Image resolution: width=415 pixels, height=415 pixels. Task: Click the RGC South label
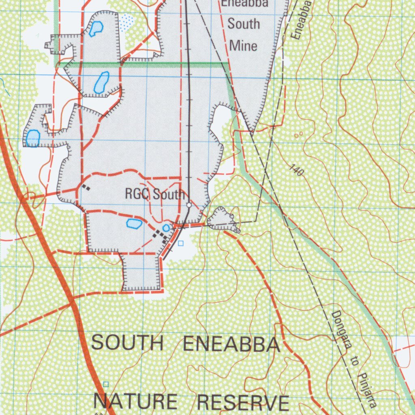point(154,194)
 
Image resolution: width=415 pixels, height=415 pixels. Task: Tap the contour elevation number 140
point(297,170)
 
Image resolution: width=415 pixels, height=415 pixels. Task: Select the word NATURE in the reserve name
point(135,402)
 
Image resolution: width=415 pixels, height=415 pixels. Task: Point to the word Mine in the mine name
point(243,45)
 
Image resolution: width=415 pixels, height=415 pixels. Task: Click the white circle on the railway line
point(189,205)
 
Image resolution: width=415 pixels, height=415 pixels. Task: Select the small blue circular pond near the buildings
point(166,228)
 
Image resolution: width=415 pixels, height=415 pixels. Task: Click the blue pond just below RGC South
point(134,223)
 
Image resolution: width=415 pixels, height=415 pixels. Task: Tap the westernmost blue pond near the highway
point(32,138)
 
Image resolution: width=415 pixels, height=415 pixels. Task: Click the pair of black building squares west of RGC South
point(86,187)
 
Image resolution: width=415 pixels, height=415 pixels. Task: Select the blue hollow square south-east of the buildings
point(181,243)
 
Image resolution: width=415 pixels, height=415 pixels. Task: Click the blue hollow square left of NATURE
point(106,384)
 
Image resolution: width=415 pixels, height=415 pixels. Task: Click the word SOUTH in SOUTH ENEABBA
point(127,343)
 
